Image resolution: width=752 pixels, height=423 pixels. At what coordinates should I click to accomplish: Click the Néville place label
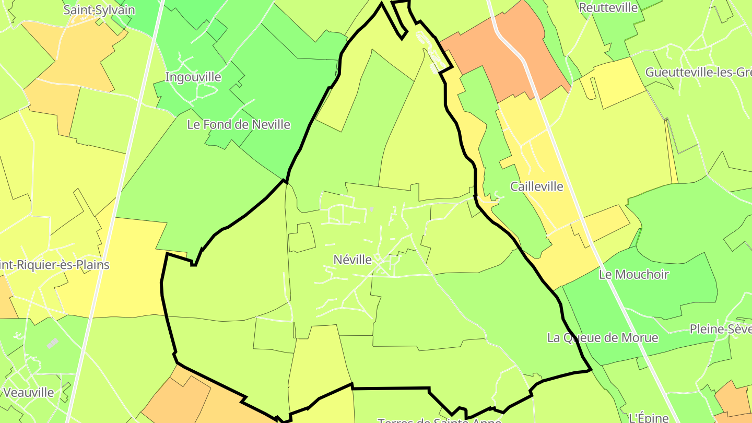tap(352, 260)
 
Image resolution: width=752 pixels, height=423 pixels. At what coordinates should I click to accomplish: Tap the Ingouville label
tap(193, 77)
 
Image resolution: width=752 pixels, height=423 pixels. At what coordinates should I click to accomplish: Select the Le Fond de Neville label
tap(239, 125)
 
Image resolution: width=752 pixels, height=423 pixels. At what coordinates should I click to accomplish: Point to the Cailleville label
tap(537, 186)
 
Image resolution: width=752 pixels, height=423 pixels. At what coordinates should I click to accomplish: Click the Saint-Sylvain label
tap(99, 10)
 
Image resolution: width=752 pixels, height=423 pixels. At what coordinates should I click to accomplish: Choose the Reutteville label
tap(608, 8)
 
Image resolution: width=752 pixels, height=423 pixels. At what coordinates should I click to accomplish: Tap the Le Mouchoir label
tap(634, 274)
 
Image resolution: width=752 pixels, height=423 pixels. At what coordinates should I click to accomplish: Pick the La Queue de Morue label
tap(603, 337)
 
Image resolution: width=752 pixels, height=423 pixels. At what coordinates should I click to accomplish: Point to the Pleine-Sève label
tap(721, 329)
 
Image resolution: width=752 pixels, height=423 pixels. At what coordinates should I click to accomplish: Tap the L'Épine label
tap(649, 417)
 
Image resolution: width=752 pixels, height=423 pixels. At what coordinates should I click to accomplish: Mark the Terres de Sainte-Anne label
tap(439, 420)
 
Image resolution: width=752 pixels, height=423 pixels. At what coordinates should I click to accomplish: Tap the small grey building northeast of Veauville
tap(53, 343)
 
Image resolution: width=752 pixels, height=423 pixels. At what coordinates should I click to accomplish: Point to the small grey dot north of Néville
tap(371, 209)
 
